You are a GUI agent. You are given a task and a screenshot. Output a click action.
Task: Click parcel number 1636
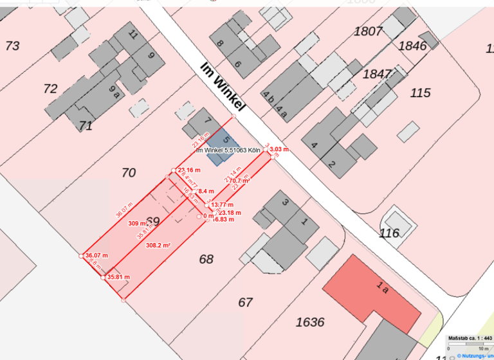(309, 322)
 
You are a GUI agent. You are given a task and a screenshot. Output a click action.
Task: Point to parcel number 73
(12, 46)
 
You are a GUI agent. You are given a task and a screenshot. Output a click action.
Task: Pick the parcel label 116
(389, 233)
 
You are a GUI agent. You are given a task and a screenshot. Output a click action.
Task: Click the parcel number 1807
(368, 31)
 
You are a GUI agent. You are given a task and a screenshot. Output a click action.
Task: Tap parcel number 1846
(412, 46)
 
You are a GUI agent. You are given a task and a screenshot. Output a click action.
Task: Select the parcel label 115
(420, 93)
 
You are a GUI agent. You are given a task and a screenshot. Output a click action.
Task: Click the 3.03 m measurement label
(279, 149)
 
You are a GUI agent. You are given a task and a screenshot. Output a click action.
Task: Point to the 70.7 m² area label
(239, 181)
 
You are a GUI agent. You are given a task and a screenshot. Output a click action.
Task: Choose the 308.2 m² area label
(158, 245)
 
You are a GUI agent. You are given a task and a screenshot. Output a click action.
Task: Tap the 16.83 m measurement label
(223, 219)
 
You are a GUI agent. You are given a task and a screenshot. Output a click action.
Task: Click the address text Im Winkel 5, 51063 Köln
(232, 150)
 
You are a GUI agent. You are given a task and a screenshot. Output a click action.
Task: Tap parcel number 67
(245, 302)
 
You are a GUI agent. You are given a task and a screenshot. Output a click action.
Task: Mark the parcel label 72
(50, 89)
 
